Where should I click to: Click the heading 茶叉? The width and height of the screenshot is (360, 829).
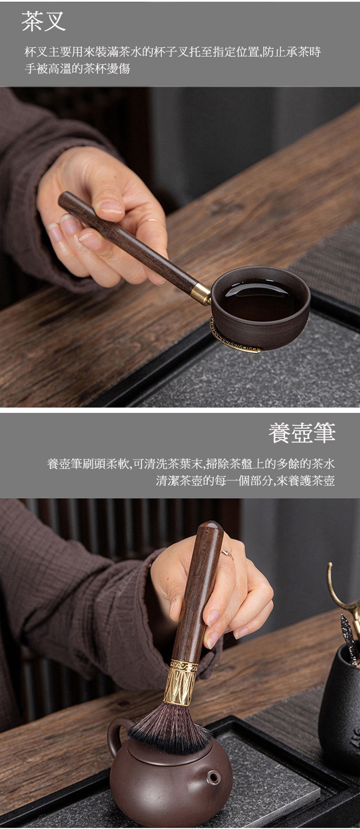tap(43, 22)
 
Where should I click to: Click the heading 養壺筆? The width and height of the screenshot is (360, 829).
tap(302, 433)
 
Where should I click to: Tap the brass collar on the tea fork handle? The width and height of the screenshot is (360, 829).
tap(201, 293)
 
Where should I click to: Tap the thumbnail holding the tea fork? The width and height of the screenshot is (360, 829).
tap(111, 206)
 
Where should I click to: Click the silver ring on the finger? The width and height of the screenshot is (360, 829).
tap(227, 555)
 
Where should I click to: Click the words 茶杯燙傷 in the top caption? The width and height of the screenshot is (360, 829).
tap(107, 69)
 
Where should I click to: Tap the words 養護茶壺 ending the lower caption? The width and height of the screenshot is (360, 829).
tap(312, 481)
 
